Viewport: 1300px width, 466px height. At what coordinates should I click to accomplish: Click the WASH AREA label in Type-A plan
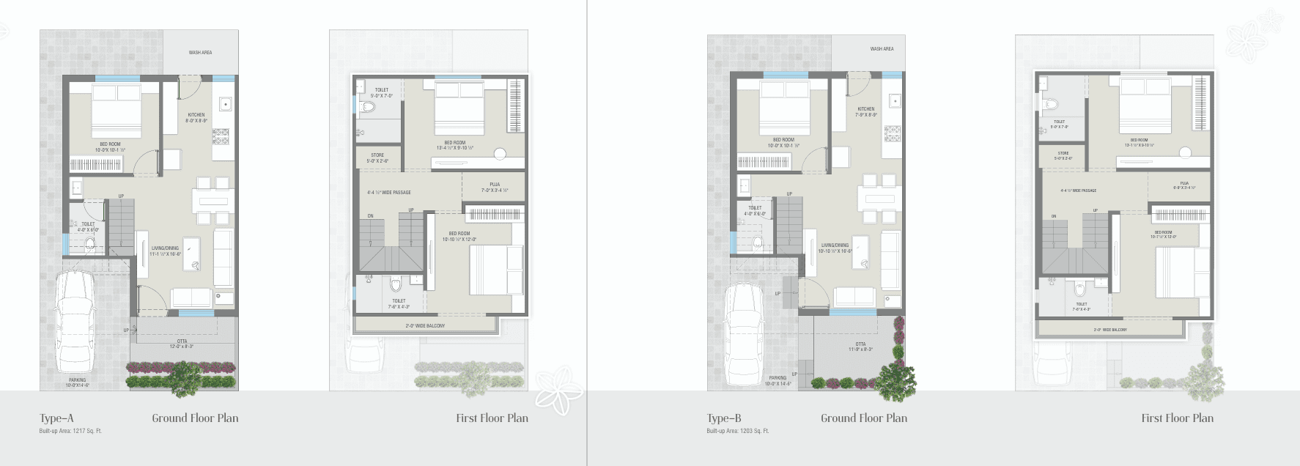click(200, 53)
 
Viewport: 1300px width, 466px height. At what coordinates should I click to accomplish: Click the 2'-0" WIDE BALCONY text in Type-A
click(425, 325)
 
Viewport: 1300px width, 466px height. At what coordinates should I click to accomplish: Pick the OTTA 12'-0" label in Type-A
click(182, 344)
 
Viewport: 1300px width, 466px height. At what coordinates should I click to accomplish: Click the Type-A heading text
click(56, 418)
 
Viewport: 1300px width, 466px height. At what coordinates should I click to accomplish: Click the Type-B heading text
click(724, 418)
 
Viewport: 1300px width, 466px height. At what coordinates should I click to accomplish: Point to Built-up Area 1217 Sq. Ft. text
click(70, 431)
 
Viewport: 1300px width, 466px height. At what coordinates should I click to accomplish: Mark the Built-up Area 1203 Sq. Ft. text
click(738, 431)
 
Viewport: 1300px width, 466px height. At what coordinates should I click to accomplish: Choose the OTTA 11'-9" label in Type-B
click(860, 347)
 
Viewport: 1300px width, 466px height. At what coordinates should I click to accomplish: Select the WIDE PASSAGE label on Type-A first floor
click(389, 193)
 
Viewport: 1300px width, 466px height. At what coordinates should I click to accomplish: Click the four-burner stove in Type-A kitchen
click(220, 136)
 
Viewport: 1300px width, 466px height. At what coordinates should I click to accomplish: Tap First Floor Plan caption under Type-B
click(1177, 418)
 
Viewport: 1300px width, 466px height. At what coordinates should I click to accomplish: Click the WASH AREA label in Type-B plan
click(882, 49)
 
